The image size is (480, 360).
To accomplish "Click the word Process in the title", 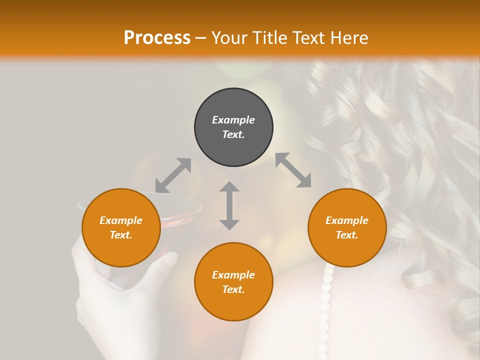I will pyautogui.click(x=157, y=38).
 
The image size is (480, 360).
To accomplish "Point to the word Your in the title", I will pyautogui.click(x=227, y=38).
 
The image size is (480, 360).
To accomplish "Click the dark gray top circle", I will pyautogui.click(x=233, y=127).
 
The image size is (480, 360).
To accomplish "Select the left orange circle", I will pyautogui.click(x=121, y=227).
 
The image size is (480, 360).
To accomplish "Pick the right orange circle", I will pyautogui.click(x=347, y=227).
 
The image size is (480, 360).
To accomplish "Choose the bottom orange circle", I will pyautogui.click(x=233, y=281).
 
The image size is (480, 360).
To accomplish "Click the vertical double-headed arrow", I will pyautogui.click(x=229, y=205).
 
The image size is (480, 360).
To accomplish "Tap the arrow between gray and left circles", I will pyautogui.click(x=173, y=175).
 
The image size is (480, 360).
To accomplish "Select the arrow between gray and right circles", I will pyautogui.click(x=293, y=170).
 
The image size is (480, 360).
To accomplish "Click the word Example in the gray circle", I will pyautogui.click(x=233, y=120).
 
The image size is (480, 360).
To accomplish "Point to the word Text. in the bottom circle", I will pyautogui.click(x=233, y=289).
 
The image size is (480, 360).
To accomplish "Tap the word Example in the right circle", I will pyautogui.click(x=347, y=220).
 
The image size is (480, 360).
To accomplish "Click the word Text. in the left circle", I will pyautogui.click(x=121, y=235).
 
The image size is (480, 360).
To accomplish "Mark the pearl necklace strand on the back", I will pyautogui.click(x=326, y=305).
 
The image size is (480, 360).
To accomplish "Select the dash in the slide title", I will pyautogui.click(x=201, y=38).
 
